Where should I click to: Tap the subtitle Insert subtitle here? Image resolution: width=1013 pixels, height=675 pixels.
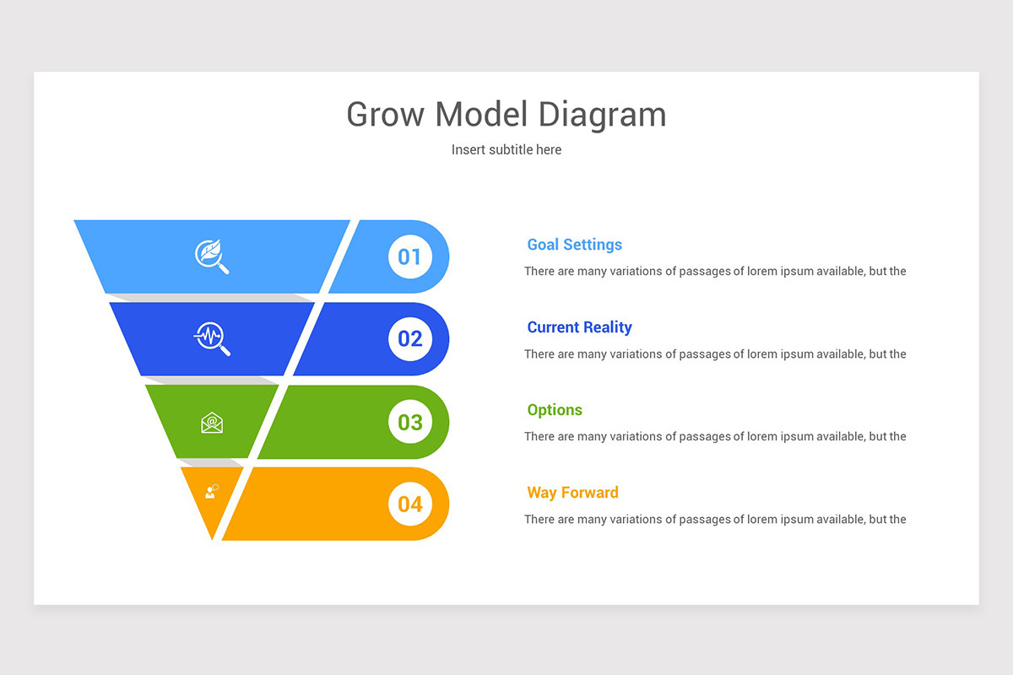click(x=506, y=149)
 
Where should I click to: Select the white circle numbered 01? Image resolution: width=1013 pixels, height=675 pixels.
click(x=409, y=256)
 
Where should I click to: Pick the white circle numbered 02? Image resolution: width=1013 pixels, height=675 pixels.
click(x=409, y=338)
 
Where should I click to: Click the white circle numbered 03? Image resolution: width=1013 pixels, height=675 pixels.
click(x=409, y=421)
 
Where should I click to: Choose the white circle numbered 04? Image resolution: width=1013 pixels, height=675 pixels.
click(x=409, y=504)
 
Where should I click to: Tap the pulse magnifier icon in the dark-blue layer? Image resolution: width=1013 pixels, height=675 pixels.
click(x=212, y=338)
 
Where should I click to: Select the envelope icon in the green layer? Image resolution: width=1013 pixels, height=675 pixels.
click(x=212, y=422)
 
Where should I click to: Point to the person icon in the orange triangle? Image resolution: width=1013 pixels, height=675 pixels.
click(x=211, y=491)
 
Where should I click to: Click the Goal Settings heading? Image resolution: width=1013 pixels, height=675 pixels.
click(x=574, y=245)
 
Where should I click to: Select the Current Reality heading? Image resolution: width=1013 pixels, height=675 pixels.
click(x=579, y=327)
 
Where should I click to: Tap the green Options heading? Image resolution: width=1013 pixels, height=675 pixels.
click(x=555, y=410)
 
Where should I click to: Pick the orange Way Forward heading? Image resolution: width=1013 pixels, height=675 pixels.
click(x=572, y=493)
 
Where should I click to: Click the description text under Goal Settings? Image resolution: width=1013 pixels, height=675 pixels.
click(x=714, y=272)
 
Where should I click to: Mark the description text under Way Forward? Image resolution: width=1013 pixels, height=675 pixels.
click(x=714, y=520)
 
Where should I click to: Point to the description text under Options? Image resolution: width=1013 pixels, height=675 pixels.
click(x=714, y=437)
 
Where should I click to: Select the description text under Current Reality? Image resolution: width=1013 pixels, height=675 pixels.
click(x=714, y=354)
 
